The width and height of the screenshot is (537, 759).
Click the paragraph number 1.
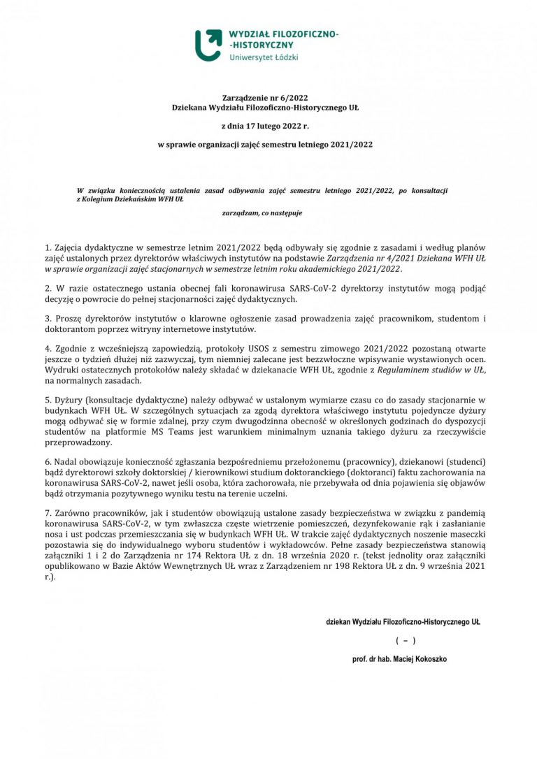click(48, 247)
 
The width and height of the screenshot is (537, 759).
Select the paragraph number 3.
click(48, 319)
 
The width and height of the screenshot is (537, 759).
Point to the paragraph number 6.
click(48, 462)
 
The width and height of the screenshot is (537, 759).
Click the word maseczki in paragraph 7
click(466, 533)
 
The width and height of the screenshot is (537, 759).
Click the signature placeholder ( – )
click(405, 640)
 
